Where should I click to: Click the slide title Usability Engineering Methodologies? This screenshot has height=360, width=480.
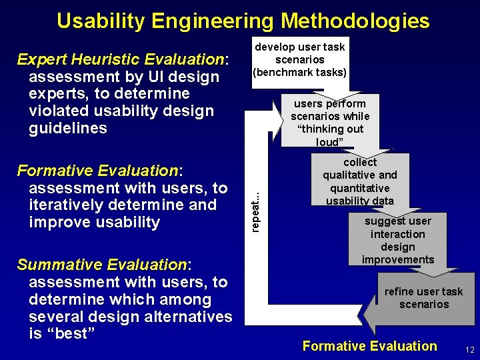coord(243,21)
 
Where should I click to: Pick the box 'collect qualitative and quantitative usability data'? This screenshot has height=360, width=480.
coord(359,181)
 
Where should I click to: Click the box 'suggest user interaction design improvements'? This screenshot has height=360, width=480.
coord(398,240)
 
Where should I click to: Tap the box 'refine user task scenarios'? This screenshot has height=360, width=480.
coord(423,298)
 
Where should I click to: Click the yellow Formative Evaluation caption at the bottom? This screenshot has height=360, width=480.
coord(369,346)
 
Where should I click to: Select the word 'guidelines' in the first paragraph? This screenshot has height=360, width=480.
coord(68,128)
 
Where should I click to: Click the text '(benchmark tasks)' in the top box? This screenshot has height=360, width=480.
coord(299,72)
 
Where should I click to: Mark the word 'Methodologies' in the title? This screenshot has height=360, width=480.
coord(355,21)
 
